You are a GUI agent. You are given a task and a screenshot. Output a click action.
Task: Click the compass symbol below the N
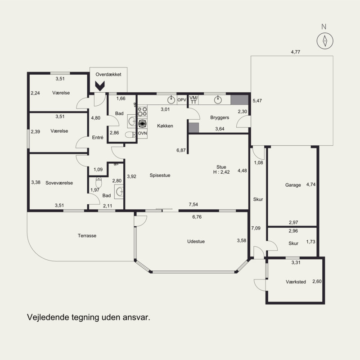325,41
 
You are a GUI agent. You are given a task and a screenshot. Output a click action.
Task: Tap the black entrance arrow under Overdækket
100,86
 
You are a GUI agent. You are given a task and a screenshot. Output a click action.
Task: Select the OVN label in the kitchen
142,133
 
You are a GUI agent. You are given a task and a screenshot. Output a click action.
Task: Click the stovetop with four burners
142,111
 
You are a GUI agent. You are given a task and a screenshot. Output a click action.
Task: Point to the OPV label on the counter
182,100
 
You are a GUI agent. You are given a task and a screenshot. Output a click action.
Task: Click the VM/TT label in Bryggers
193,100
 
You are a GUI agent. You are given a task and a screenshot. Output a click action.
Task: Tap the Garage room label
293,185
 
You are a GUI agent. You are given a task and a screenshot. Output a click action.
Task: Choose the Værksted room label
296,282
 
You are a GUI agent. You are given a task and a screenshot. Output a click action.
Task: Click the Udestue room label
196,241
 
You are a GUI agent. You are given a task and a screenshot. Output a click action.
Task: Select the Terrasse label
87,235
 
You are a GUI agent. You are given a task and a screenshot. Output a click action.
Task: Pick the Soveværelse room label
59,183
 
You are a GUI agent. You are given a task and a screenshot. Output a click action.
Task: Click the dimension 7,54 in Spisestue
193,204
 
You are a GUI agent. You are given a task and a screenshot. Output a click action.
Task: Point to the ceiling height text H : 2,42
221,172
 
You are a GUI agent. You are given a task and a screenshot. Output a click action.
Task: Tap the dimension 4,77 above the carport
296,52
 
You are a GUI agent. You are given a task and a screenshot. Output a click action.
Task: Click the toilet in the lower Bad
99,182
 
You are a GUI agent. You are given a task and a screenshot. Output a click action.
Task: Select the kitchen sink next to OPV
171,100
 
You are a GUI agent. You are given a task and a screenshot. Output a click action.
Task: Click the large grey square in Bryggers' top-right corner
239,100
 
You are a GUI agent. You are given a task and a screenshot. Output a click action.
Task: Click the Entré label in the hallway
98,138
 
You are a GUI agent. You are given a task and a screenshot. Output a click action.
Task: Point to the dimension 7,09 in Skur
256,228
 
